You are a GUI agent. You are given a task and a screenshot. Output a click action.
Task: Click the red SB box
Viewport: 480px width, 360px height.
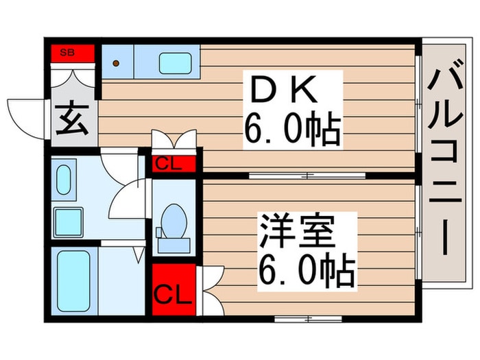click(73, 53)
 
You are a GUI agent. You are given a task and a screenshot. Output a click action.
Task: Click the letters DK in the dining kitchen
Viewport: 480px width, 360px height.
click(284, 89)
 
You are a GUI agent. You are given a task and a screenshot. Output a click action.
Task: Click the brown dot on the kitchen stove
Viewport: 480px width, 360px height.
click(116, 63)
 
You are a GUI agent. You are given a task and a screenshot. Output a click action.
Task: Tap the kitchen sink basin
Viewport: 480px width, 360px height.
click(176, 63)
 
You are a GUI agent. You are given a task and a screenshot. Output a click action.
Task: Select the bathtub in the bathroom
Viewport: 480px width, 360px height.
click(73, 281)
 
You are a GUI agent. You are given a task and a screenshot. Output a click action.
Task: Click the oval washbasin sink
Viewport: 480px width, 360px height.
click(63, 180)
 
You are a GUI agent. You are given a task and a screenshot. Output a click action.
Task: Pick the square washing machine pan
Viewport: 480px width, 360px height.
click(69, 223)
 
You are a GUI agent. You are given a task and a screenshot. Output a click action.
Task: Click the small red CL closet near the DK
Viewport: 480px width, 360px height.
click(174, 164)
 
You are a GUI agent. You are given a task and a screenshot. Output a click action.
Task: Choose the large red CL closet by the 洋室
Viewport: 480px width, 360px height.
click(174, 289)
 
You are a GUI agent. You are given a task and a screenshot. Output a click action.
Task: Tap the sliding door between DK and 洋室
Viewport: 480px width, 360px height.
click(307, 176)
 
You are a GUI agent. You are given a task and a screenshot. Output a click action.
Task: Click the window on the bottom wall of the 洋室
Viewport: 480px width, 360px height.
click(308, 319)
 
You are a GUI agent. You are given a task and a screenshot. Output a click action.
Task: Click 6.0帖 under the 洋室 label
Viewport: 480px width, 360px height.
click(307, 269)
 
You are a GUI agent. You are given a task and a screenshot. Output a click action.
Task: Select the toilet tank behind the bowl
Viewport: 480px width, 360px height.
click(174, 245)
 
